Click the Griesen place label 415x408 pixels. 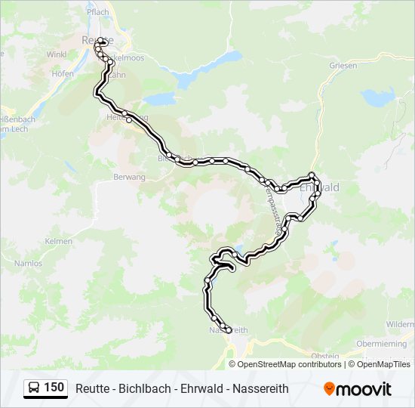(x=343, y=65)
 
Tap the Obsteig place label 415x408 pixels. (x=324, y=355)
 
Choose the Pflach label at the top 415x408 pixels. (x=97, y=12)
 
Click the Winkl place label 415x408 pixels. (x=57, y=54)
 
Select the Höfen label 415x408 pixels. (x=63, y=73)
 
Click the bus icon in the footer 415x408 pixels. (x=34, y=388)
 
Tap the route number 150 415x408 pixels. (x=54, y=388)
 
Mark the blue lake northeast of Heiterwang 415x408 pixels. (x=160, y=98)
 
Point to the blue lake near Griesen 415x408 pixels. (x=377, y=97)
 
